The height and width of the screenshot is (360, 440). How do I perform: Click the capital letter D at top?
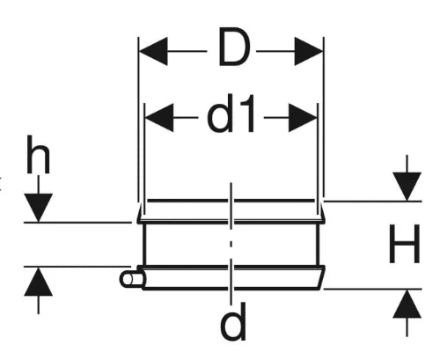[x=234, y=47]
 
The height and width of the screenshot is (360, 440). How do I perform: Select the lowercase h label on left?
[x=38, y=154]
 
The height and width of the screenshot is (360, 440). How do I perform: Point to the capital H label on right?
[x=405, y=244]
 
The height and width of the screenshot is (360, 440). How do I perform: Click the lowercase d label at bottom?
[x=233, y=322]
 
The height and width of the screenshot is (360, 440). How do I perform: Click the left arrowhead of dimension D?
[x=153, y=51]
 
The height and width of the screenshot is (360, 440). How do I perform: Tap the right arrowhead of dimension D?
[x=309, y=51]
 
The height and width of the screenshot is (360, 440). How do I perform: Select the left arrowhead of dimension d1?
[x=159, y=118]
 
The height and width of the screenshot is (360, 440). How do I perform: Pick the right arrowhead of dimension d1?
[x=303, y=118]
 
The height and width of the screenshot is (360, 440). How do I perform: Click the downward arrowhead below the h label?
[x=38, y=208]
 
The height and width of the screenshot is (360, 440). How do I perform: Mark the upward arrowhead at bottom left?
[x=38, y=282]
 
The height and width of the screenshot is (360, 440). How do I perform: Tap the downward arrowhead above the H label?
[x=407, y=187]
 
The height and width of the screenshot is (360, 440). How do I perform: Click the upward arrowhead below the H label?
[x=407, y=304]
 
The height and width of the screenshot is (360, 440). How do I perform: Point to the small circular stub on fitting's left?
[x=131, y=279]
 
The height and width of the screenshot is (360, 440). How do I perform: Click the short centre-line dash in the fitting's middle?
[x=231, y=244]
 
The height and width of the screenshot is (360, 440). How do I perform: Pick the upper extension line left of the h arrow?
[x=77, y=223]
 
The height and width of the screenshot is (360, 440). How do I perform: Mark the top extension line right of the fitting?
[x=372, y=202]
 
